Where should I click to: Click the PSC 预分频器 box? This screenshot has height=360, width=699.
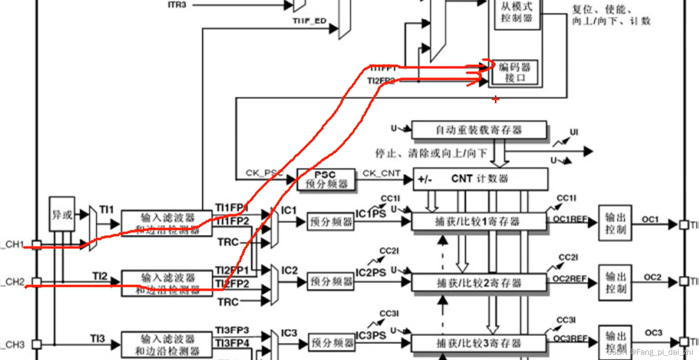point(326,179)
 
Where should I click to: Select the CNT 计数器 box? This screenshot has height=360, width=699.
point(480,179)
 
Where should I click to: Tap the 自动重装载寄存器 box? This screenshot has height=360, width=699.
point(479,130)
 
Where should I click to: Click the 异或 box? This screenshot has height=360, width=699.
point(62,214)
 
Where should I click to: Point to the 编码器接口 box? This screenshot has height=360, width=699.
point(515,72)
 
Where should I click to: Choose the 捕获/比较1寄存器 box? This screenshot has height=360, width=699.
point(478,222)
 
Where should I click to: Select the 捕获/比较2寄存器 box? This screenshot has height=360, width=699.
point(478,283)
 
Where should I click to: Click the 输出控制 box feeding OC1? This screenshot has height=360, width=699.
point(615,223)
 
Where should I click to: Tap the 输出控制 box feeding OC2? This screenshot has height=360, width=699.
point(615,283)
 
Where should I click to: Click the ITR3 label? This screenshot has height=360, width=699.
point(177,5)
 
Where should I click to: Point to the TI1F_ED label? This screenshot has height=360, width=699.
point(309,21)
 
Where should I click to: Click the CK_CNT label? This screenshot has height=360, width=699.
point(381,173)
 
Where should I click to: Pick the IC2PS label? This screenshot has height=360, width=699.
point(370,273)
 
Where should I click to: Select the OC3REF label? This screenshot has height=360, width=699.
point(571,339)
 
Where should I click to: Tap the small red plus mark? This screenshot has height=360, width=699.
point(496,99)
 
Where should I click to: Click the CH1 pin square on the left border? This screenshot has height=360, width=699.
point(37,245)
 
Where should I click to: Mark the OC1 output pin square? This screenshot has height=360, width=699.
point(683,225)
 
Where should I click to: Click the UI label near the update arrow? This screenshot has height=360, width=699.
point(573,132)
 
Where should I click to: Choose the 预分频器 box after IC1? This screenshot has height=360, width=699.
point(331,222)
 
